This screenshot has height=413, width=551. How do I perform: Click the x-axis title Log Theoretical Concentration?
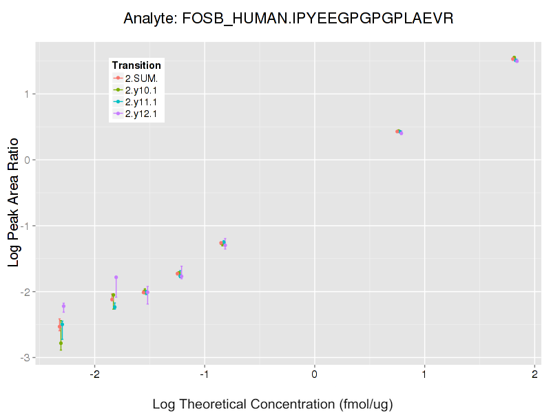pos(272,404)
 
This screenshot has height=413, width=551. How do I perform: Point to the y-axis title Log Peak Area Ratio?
pos(13,210)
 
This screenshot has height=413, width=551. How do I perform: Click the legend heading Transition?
pos(136,65)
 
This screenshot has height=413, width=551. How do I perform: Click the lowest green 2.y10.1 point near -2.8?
pos(61,343)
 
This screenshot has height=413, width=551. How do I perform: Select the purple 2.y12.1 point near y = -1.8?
pos(116,277)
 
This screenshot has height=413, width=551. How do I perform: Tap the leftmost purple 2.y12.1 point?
pos(63,306)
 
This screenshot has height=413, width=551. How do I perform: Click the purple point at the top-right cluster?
pos(517,61)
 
